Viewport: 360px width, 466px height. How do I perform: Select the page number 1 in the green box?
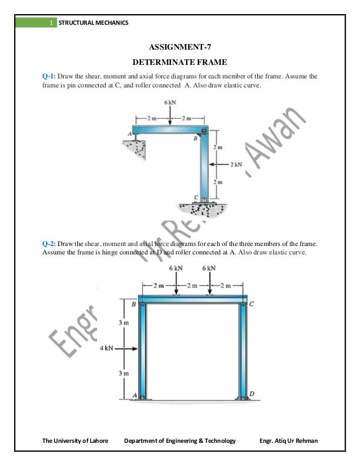point(51,23)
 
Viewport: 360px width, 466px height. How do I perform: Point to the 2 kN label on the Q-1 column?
point(236,164)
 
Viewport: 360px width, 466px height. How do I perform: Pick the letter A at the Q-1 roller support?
point(130,133)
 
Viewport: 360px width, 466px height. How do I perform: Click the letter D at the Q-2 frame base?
point(251,393)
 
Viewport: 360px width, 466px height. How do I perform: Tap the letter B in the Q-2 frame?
point(133,305)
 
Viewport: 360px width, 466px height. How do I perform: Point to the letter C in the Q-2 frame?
point(251,305)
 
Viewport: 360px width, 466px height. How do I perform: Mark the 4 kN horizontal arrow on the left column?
point(128,348)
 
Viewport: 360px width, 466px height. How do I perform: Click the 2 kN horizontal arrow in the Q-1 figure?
point(218,164)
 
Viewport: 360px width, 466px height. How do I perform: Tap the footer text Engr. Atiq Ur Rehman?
point(287,440)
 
